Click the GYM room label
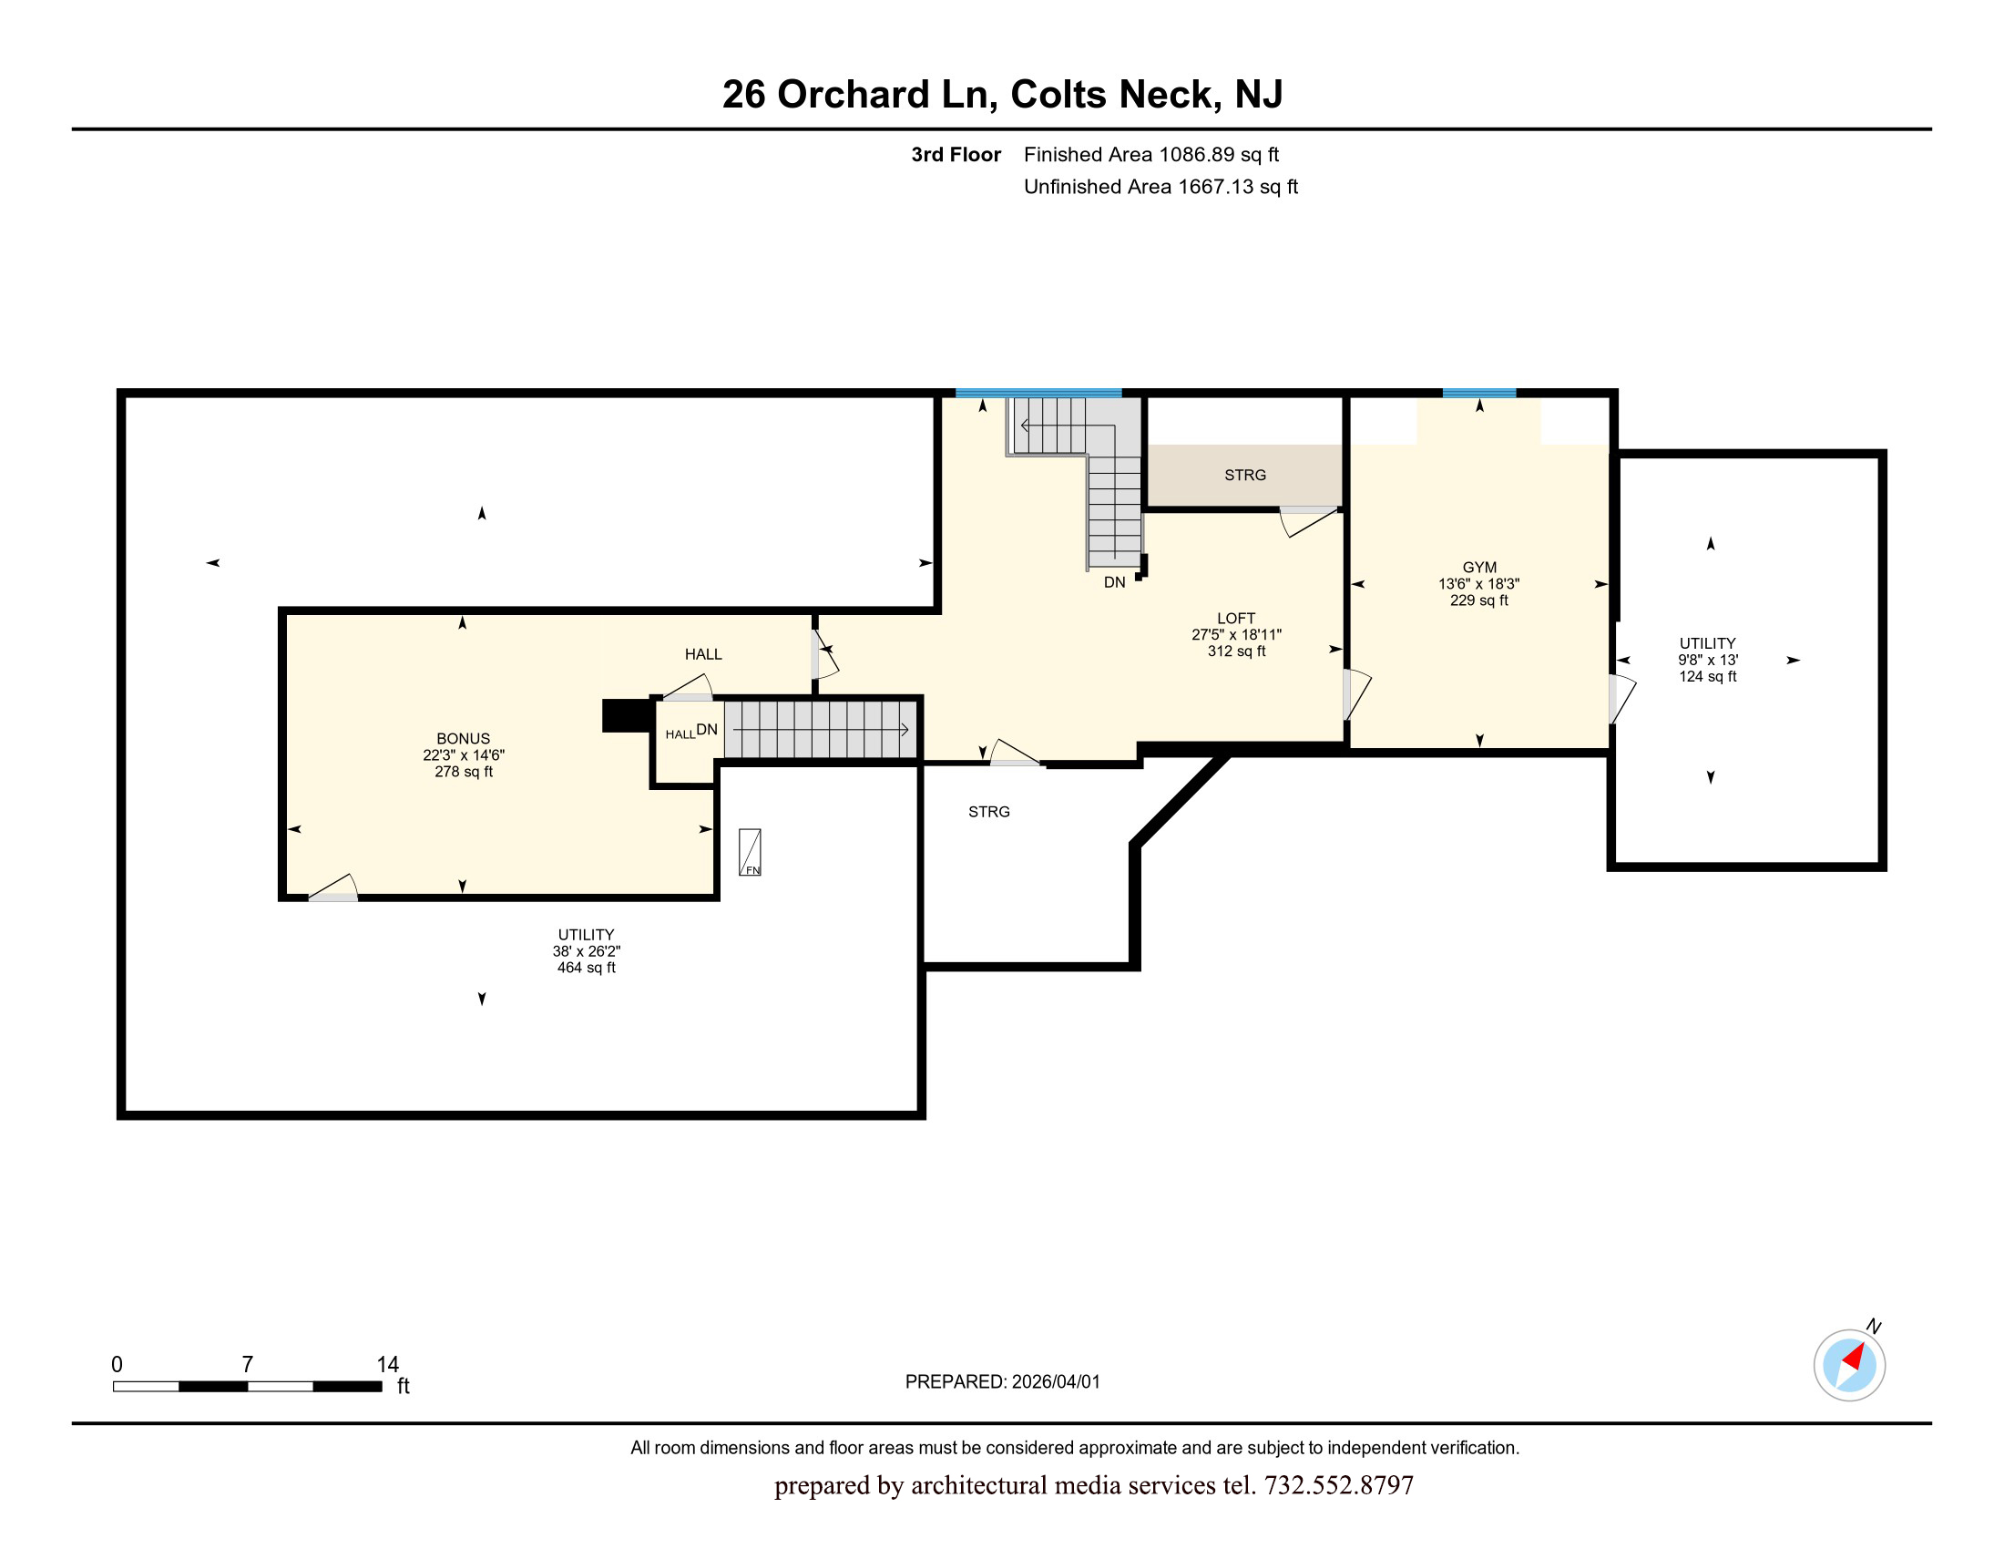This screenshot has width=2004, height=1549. tap(1479, 568)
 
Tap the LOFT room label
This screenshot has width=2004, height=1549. tap(1236, 619)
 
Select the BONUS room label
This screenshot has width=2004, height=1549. tap(464, 739)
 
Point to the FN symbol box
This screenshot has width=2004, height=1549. tap(750, 853)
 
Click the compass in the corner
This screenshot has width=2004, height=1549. tap(1850, 1365)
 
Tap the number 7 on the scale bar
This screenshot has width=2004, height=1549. tap(247, 1365)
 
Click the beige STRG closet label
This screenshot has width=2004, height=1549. tap(1245, 476)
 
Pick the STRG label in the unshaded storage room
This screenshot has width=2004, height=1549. tap(989, 812)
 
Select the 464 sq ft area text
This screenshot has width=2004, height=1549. tap(587, 967)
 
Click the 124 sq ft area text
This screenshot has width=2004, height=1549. tap(1708, 676)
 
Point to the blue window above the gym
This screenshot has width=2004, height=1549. tap(1479, 393)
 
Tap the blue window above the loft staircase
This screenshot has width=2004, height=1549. tap(1038, 393)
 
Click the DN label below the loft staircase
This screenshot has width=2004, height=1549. tap(1114, 583)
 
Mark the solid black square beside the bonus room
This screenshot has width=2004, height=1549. tap(627, 716)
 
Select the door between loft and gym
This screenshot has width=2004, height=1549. tap(1356, 694)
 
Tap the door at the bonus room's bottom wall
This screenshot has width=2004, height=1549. tap(333, 887)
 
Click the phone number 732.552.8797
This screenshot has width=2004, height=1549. tap(1339, 1485)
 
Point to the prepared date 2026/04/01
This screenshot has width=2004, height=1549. tap(1055, 1382)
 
